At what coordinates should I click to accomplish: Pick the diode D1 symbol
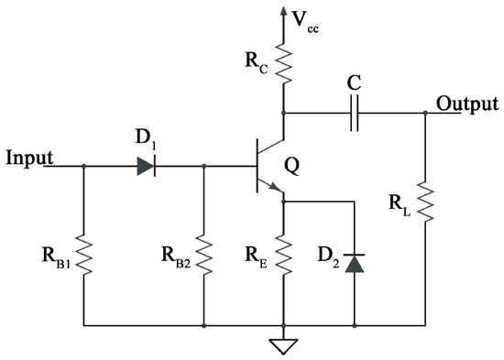[x=144, y=166]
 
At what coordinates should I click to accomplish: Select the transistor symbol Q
[x=266, y=166]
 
